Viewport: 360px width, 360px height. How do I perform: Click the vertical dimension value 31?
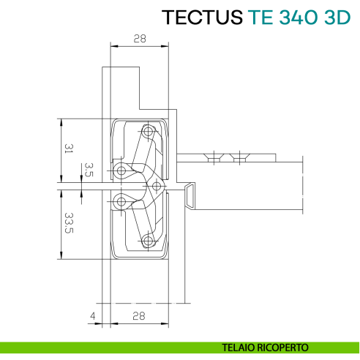pos(68,149)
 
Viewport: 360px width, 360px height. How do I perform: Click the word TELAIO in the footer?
pos(244,347)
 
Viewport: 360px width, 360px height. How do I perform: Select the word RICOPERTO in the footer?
pos(285,347)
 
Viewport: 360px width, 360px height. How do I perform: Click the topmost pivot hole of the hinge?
pos(149,132)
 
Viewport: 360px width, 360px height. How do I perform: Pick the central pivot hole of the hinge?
pos(154,185)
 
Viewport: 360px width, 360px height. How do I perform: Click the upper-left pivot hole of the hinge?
pos(121,170)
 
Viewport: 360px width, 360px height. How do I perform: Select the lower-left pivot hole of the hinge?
pos(121,201)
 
